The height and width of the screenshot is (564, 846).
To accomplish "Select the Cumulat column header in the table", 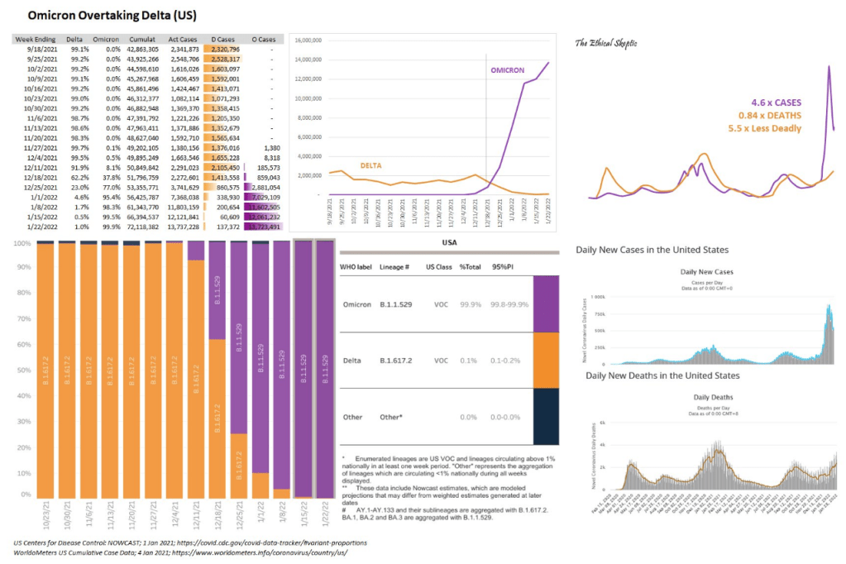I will pyautogui.click(x=143, y=39).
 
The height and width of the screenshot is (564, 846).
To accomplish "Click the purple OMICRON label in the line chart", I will pyautogui.click(x=508, y=70).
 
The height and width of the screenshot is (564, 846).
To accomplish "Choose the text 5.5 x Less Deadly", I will pyautogui.click(x=765, y=128).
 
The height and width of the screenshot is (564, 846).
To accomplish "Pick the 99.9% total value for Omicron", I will pyautogui.click(x=471, y=304).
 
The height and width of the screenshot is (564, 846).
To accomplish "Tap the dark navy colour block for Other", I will pyautogui.click(x=546, y=416).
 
